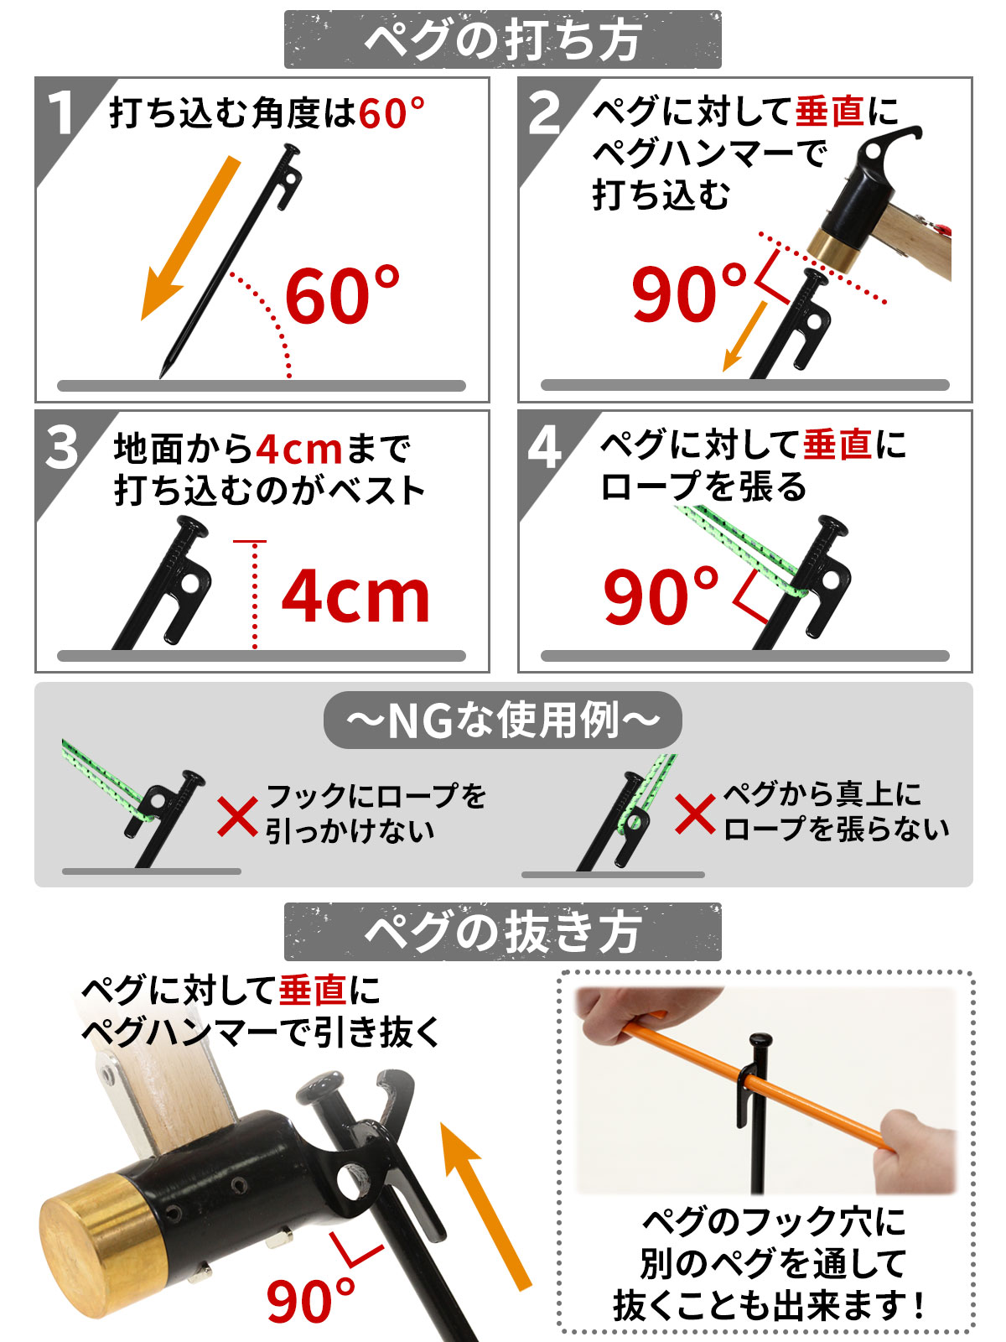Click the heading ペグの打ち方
click(503, 39)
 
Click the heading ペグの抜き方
click(503, 932)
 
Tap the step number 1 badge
click(61, 114)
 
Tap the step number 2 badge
click(544, 114)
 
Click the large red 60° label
click(342, 295)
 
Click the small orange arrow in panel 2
click(744, 335)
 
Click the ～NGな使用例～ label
click(503, 720)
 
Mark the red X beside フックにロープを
click(237, 816)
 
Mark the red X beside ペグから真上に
click(695, 814)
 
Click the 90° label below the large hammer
click(310, 1299)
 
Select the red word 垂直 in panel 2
click(829, 112)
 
